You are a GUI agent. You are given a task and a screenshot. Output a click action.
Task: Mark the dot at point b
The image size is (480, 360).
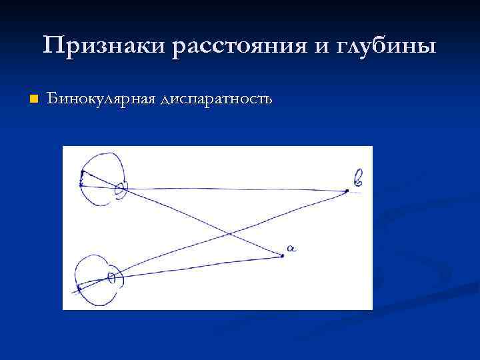tap(347, 191)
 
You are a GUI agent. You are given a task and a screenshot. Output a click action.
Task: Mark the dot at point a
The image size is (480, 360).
tap(283, 255)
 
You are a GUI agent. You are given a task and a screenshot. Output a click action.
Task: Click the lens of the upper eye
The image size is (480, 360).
tap(121, 189)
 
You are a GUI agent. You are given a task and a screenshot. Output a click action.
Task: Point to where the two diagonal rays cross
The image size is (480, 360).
tap(228, 233)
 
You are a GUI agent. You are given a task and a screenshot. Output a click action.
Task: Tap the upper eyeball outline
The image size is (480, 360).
tap(100, 155)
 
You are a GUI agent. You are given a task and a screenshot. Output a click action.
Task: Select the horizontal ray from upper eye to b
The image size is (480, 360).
tap(233, 189)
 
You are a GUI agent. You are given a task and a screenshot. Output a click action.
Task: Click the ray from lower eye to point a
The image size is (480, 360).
tap(200, 266)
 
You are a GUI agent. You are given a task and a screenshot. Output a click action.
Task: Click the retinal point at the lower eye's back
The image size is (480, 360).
tap(79, 289)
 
